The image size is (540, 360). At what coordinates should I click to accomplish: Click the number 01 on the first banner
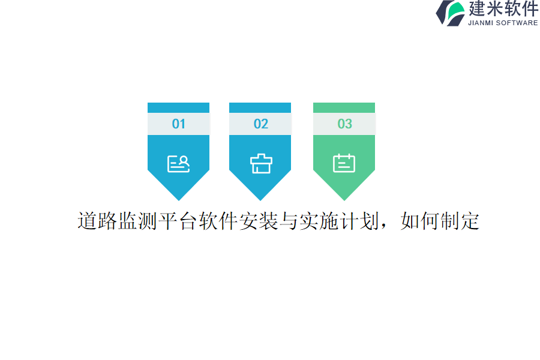click(178, 124)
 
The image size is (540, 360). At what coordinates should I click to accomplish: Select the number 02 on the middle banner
click(260, 124)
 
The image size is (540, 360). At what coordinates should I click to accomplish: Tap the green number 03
click(344, 124)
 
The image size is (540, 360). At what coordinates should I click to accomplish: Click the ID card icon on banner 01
click(178, 163)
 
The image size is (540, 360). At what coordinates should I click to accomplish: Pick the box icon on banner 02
click(260, 163)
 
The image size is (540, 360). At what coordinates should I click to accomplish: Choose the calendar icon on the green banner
click(344, 163)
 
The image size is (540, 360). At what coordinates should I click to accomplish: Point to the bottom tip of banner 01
click(178, 199)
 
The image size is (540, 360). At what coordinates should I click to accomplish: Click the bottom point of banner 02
click(260, 199)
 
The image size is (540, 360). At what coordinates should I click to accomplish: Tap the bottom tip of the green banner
click(344, 199)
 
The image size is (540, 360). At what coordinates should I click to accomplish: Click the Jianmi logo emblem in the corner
click(451, 13)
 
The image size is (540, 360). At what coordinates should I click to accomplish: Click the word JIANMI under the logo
click(481, 23)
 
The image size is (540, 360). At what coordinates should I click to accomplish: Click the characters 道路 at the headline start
click(97, 221)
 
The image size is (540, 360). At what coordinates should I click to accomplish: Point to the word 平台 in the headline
click(178, 221)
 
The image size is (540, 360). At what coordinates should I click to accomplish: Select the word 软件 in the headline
click(218, 221)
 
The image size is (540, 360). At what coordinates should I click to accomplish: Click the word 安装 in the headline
click(258, 221)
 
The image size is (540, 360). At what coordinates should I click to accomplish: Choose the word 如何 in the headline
click(419, 221)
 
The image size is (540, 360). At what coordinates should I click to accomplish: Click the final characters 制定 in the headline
click(460, 221)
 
